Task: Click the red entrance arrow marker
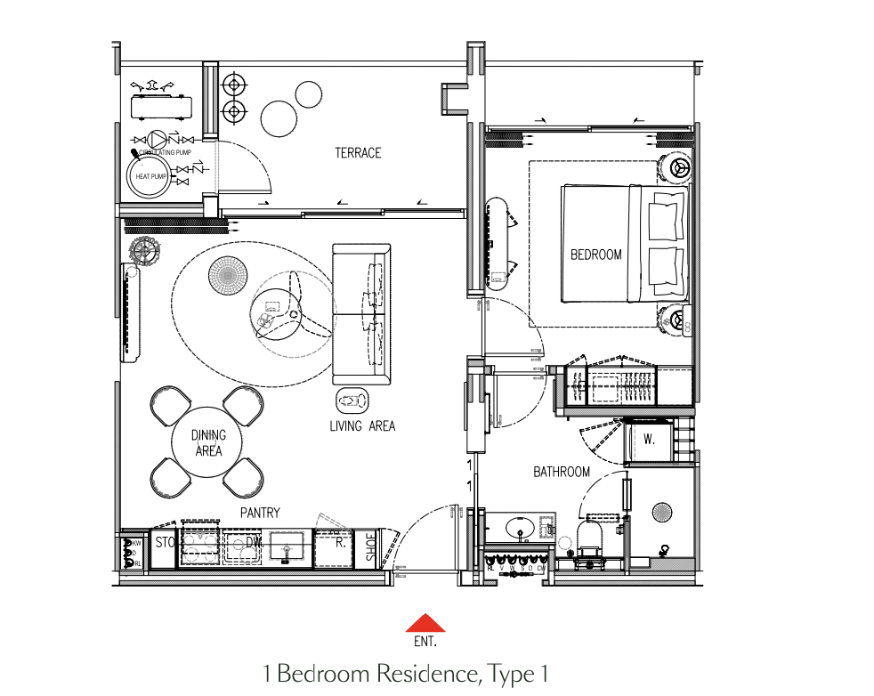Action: (x=426, y=622)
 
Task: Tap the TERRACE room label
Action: (x=358, y=153)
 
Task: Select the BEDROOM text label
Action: (x=595, y=255)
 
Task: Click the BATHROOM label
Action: (x=562, y=472)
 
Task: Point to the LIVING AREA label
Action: (x=362, y=426)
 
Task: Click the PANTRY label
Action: (x=260, y=513)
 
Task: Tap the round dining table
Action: (x=207, y=442)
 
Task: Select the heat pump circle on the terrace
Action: (x=150, y=175)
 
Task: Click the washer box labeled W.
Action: (x=648, y=441)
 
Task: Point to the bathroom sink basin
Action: (x=520, y=527)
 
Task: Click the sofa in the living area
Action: (x=361, y=312)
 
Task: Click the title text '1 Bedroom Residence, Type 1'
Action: (x=405, y=674)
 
